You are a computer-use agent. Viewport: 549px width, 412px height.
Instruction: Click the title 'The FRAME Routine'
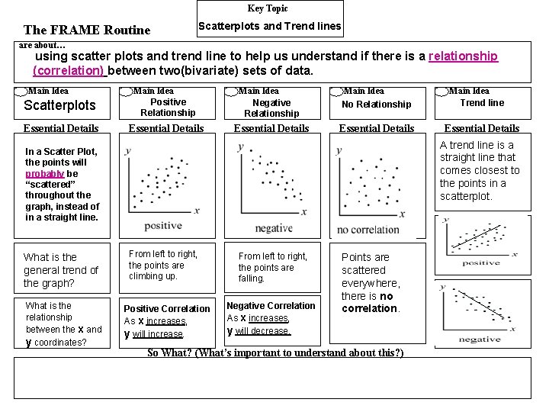(87, 31)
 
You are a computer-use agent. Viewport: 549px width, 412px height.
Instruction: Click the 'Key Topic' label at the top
(268, 8)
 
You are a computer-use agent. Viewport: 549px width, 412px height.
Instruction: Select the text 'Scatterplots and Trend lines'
(269, 27)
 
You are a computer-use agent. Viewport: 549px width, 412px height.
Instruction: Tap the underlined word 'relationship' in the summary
(463, 56)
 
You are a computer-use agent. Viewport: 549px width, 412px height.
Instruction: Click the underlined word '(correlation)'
(68, 70)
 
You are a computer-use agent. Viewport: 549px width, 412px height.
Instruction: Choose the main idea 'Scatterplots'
(60, 105)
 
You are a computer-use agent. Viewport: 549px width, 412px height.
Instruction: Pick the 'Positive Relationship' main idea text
(168, 107)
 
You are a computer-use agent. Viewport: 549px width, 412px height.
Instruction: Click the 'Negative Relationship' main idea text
(271, 108)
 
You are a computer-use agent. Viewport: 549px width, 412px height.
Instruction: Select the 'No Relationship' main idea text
(376, 104)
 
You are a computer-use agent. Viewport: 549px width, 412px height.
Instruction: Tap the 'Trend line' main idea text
(482, 102)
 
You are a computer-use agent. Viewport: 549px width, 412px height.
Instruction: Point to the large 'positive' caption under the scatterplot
(163, 226)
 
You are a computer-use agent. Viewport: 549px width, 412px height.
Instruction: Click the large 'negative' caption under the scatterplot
(273, 228)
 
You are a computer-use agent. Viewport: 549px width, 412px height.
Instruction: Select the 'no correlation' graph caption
(368, 230)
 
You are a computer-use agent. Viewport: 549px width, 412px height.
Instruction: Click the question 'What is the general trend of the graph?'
(61, 270)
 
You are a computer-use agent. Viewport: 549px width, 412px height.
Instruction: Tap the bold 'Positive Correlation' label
(167, 309)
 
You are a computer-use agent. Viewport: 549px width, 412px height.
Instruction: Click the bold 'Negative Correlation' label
(271, 306)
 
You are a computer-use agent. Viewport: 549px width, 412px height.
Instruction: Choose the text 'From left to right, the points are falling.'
(272, 267)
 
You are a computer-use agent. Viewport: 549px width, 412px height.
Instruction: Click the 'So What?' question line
(275, 352)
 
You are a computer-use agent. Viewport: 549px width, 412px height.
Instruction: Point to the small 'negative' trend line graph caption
(480, 339)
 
